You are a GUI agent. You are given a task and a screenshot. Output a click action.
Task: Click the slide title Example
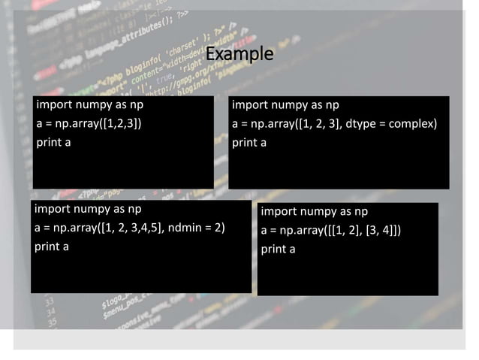point(239,55)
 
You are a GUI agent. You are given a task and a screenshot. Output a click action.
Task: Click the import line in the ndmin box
point(88,208)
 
